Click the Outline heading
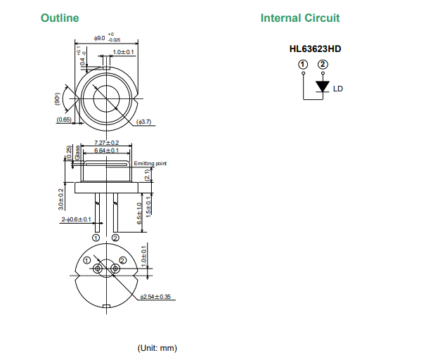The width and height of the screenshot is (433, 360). (x=60, y=18)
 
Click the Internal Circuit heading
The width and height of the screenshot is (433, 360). (x=299, y=18)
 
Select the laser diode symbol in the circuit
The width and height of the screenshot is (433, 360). (x=323, y=86)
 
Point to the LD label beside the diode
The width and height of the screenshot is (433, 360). (x=338, y=89)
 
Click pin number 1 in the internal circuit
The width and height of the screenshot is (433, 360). (x=302, y=64)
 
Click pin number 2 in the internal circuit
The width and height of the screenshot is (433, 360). (x=323, y=64)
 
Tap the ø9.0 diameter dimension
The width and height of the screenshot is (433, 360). (x=102, y=37)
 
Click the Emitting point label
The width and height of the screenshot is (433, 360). (x=150, y=163)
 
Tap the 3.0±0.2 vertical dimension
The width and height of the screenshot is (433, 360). (x=61, y=199)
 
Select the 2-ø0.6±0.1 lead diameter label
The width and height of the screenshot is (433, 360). (x=76, y=220)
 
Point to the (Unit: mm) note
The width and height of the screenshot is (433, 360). (x=157, y=348)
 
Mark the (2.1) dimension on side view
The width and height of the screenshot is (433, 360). (x=147, y=175)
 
